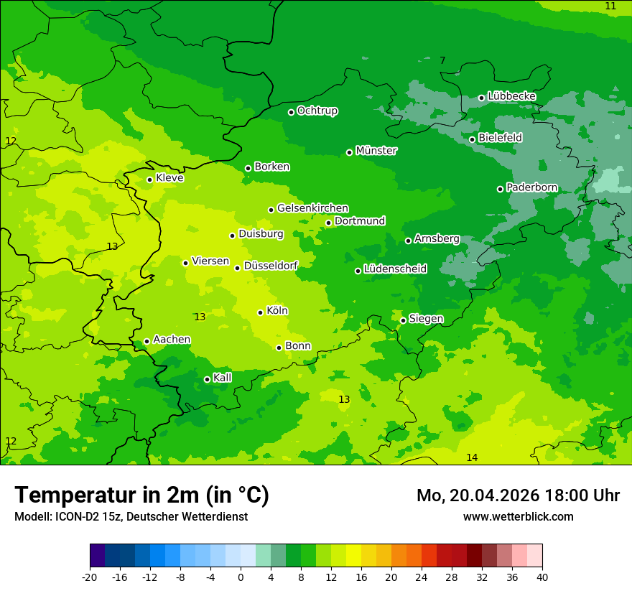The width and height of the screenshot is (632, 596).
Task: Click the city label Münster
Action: point(376,151)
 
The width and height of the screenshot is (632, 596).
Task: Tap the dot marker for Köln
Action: point(260,312)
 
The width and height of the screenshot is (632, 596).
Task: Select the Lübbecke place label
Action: point(511,96)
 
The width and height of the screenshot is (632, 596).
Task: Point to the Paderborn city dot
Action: point(500,189)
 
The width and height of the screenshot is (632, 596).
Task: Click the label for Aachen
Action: point(172,340)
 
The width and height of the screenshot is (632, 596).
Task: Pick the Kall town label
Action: point(223,378)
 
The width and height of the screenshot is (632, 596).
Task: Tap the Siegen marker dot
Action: point(403,320)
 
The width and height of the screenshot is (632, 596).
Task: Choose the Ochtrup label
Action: point(317,111)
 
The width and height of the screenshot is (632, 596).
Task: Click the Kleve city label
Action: point(169,178)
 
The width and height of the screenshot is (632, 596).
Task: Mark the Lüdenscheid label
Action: point(395,269)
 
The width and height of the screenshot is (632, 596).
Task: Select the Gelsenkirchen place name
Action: point(312,208)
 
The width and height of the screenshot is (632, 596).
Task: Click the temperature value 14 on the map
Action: point(472,458)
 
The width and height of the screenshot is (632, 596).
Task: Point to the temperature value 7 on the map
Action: point(442,61)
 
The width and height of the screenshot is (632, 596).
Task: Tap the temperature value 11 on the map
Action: point(610,6)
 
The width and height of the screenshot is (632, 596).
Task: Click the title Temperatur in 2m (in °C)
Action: point(141,495)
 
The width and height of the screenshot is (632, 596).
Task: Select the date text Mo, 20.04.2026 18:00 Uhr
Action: point(518,495)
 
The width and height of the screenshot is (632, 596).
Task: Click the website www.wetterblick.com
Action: point(518,517)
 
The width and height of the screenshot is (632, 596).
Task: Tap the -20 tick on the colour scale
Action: point(90,577)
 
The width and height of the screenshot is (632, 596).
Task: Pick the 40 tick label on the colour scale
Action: point(542,577)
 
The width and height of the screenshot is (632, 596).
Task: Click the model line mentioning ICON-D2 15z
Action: point(131,517)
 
